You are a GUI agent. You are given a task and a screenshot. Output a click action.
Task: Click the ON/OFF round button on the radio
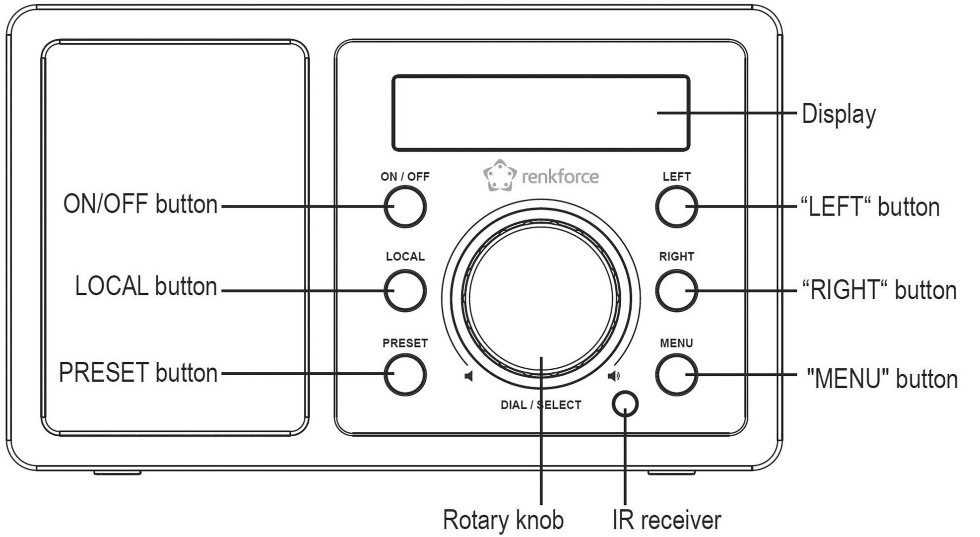pos(405,206)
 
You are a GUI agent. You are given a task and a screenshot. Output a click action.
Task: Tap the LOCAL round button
pos(405,290)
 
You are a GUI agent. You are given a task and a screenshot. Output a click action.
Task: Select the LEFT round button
pos(676,206)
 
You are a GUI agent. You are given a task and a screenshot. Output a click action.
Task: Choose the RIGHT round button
pos(676,290)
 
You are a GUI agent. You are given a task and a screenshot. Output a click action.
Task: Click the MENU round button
pos(676,375)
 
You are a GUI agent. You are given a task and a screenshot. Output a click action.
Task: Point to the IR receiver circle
pos(625,404)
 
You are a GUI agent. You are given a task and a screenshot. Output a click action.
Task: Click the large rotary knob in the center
pos(541,298)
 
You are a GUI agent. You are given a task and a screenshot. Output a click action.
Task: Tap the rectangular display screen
pos(540,113)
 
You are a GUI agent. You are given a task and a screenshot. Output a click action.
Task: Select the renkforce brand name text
pos(560,177)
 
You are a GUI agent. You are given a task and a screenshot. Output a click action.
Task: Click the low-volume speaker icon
pos(468,376)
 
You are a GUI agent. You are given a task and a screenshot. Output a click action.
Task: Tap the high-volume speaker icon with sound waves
pos(614,376)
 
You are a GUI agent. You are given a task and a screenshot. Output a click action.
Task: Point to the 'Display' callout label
pos(839,114)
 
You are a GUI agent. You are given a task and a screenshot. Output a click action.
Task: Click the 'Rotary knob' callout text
pos(503,520)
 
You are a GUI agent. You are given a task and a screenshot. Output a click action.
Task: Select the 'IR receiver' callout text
pos(666,520)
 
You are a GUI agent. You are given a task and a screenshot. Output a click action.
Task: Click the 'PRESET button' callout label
pos(138,372)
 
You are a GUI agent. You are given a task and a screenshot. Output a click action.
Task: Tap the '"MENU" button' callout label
pos(882,379)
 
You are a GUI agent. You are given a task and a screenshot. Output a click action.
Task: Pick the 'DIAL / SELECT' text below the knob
pos(541,405)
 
